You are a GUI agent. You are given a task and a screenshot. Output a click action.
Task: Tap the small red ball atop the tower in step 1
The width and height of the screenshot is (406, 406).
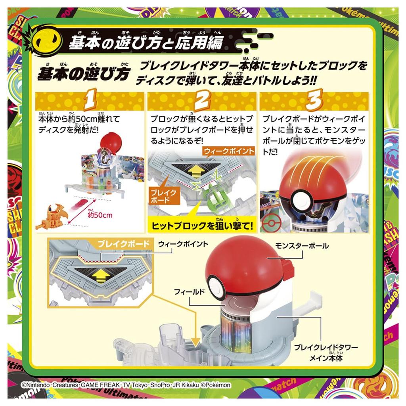click(x=109, y=143)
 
